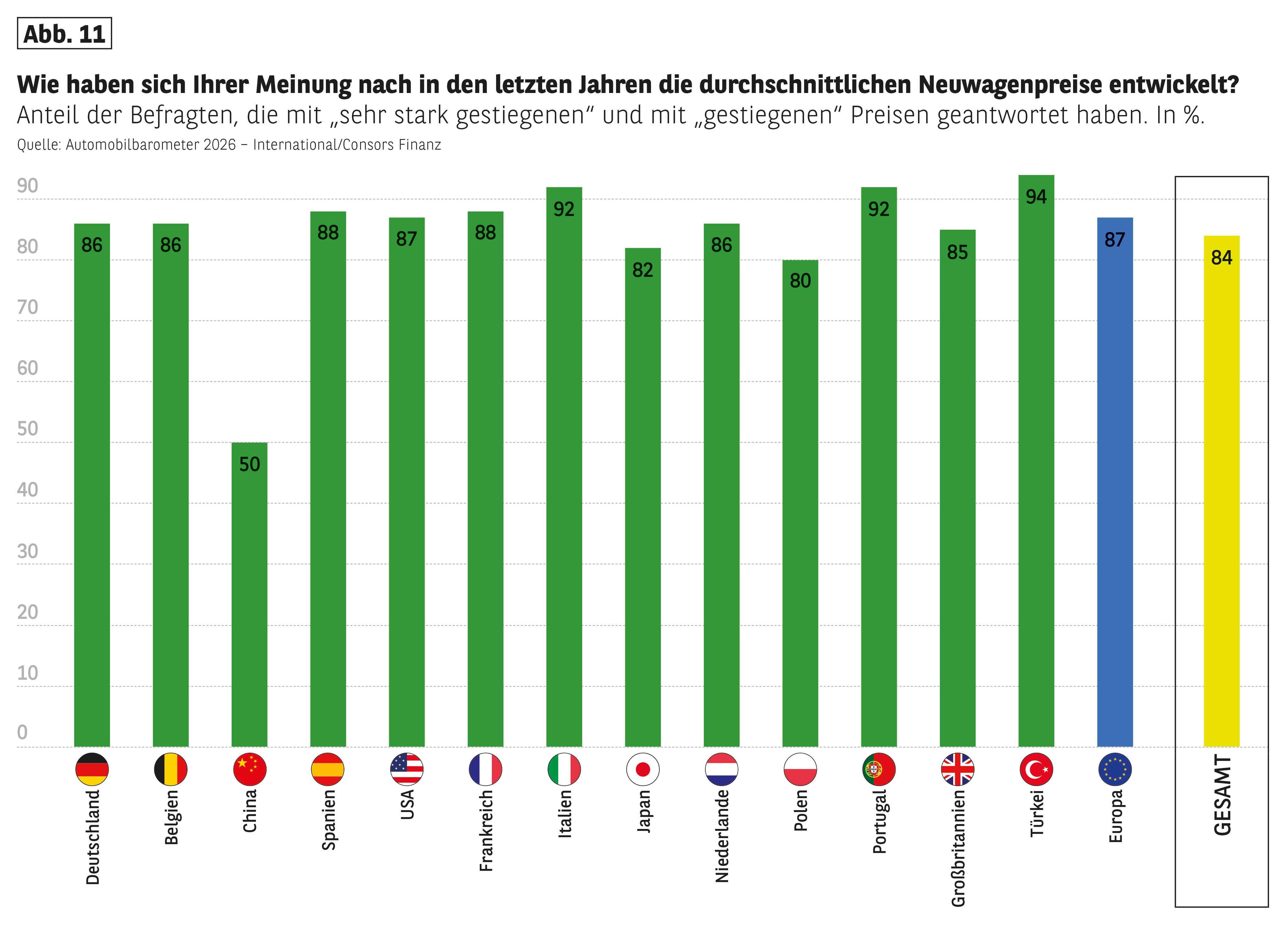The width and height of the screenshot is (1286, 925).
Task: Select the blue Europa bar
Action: (x=1115, y=482)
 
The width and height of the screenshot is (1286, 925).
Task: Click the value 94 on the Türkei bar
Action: (x=1036, y=197)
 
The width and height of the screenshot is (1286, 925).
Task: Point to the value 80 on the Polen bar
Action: (x=800, y=281)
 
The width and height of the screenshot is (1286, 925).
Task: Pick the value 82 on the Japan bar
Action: (x=642, y=270)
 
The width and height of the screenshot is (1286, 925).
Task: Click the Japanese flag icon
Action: (x=642, y=769)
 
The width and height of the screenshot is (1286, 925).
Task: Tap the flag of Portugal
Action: (x=879, y=769)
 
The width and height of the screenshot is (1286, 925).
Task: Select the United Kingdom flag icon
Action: (x=957, y=769)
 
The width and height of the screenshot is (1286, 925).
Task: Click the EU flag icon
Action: (x=1115, y=769)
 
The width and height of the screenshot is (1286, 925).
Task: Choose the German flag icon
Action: (x=92, y=769)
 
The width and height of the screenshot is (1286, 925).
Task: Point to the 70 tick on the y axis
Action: (x=27, y=307)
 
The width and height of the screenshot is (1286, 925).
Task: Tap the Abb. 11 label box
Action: (x=64, y=34)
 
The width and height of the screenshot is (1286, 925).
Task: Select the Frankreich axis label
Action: (x=486, y=831)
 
